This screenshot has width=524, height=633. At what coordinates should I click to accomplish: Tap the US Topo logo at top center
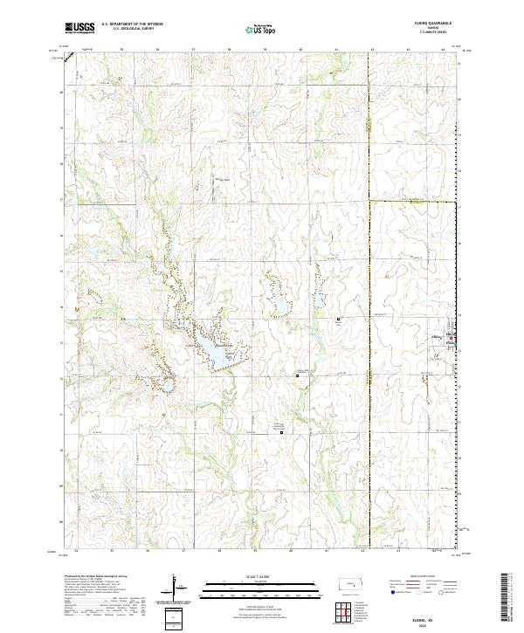pyautogui.click(x=253, y=30)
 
